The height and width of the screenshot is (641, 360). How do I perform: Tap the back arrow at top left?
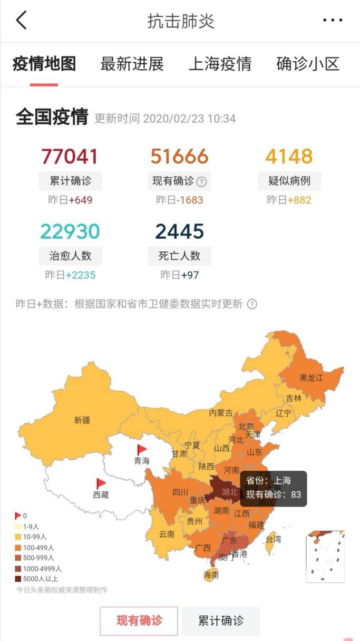21,21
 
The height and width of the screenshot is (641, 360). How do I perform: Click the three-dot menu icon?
333,21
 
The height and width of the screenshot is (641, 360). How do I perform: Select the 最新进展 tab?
132,64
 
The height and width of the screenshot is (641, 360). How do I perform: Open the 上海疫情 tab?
220,64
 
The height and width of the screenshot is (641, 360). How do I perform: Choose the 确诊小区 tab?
308,64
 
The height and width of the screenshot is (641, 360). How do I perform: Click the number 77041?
70,157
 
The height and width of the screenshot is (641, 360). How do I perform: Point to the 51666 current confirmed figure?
179,157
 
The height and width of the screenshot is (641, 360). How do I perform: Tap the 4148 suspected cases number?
289,157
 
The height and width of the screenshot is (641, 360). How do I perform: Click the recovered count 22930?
70,231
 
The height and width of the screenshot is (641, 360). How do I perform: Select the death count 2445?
179,231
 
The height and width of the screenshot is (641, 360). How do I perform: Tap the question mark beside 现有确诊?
201,182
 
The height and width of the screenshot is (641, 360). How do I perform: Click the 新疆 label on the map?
82,420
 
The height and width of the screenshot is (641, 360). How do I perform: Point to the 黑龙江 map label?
311,377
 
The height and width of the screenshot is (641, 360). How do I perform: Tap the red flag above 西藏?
101,483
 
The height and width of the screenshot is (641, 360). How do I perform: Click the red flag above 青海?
142,450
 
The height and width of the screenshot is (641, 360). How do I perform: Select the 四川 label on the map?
180,492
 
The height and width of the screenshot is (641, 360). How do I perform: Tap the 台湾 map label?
273,539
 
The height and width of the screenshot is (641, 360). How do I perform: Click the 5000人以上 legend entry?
39,579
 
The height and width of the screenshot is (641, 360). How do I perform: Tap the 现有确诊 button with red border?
139,621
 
